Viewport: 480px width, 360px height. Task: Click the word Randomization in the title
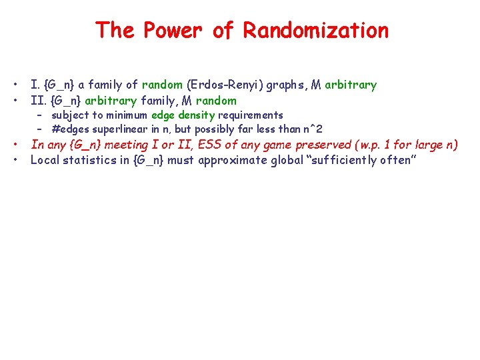tap(315, 30)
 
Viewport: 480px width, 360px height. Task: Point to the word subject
tap(70, 115)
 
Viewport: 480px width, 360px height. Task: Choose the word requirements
tap(250, 115)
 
